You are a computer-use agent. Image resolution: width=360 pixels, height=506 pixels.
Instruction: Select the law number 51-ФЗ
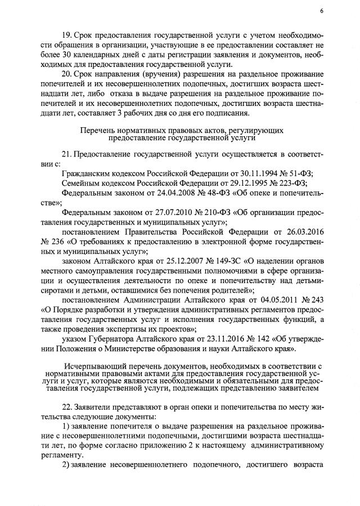click(x=297, y=173)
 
